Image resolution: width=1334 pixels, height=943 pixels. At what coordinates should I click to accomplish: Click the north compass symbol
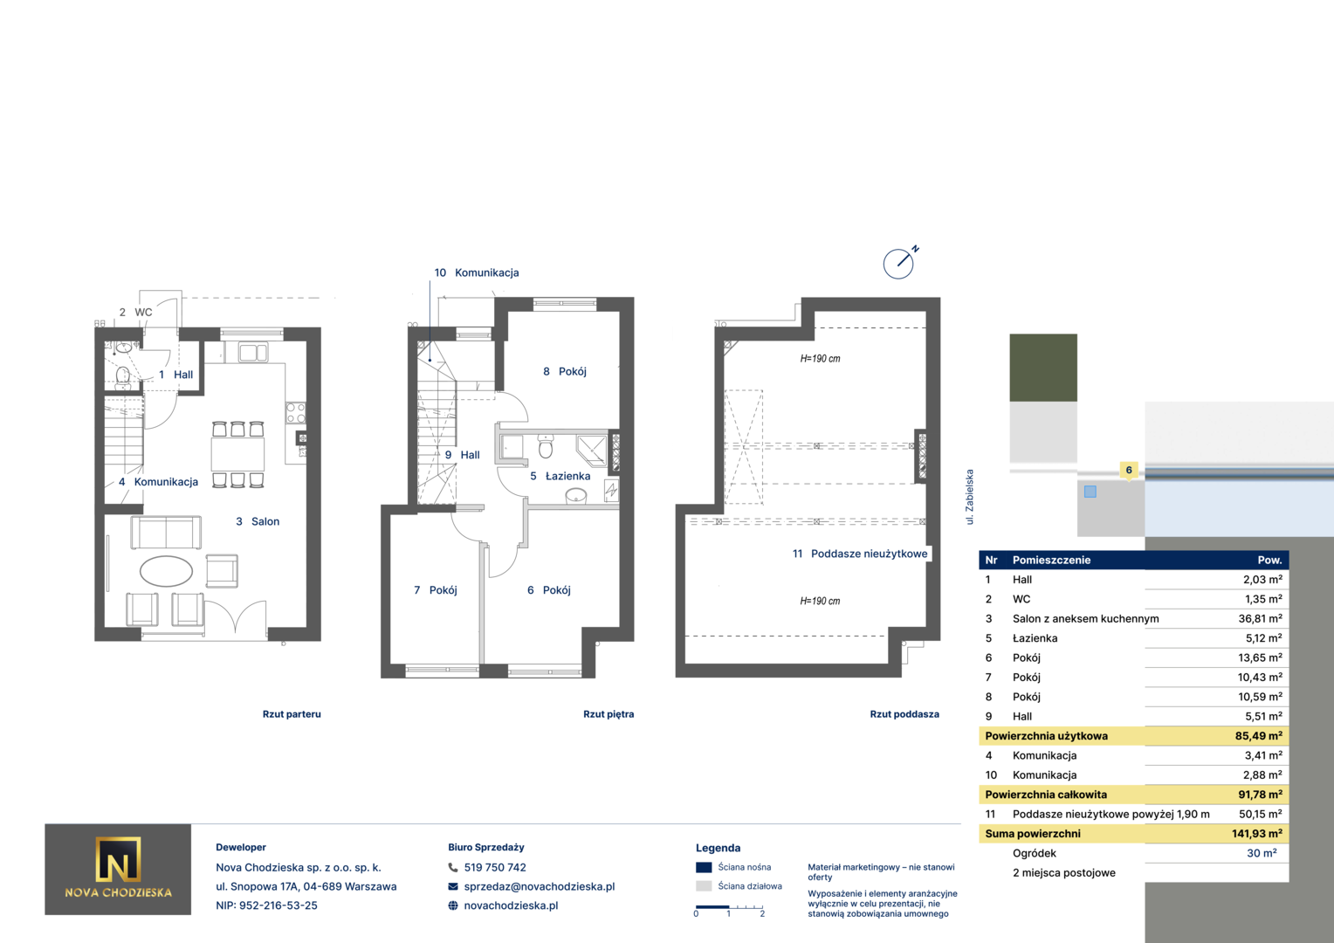tap(898, 264)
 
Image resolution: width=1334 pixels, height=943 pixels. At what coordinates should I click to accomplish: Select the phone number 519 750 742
tap(495, 867)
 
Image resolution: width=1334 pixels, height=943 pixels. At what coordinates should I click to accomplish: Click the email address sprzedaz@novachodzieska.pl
tap(539, 886)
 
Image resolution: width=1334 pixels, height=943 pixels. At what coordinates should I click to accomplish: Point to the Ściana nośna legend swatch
tap(704, 867)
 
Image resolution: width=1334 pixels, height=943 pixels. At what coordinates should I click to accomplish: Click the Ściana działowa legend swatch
tap(704, 886)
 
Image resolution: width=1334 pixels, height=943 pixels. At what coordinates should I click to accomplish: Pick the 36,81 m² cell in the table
tap(1260, 618)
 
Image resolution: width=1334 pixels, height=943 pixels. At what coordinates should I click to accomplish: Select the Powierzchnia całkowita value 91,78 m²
tap(1260, 794)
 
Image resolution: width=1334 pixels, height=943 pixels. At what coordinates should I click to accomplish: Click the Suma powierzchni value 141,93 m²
tap(1257, 833)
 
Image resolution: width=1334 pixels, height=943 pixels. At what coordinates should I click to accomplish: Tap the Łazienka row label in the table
tap(1035, 638)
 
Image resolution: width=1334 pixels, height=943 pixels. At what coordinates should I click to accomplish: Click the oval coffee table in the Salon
tap(166, 571)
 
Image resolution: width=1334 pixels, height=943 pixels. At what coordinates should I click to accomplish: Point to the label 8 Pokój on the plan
tap(565, 372)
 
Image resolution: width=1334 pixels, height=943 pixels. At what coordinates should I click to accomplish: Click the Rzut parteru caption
tap(292, 713)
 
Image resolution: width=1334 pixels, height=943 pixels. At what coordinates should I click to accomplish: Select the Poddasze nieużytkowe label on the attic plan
tap(869, 554)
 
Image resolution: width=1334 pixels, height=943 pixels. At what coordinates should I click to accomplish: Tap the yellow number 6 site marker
tap(1129, 471)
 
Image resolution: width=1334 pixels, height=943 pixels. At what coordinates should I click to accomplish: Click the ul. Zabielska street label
tap(970, 497)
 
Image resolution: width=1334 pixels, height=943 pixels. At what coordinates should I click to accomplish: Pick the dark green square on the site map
tap(1043, 368)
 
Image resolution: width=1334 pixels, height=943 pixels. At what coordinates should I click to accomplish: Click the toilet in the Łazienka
tap(545, 445)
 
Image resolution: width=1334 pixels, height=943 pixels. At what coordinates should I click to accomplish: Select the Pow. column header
tap(1269, 560)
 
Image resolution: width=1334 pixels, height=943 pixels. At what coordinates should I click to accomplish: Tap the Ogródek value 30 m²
tap(1262, 853)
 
